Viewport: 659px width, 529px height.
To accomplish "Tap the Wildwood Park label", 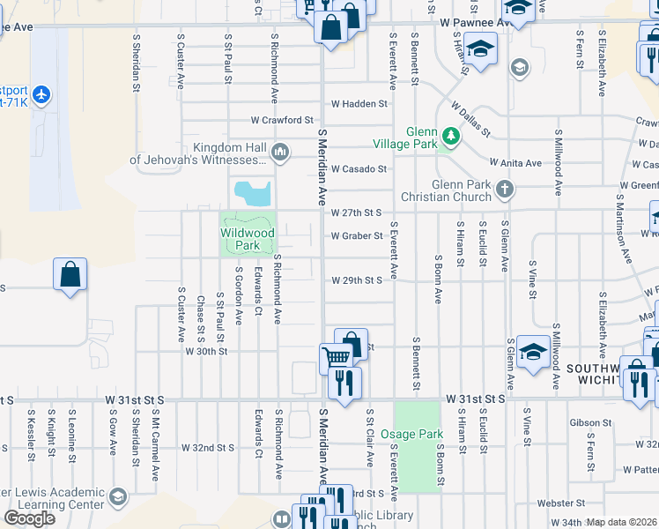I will tap(248, 240).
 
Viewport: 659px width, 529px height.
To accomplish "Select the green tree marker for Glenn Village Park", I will tap(450, 136).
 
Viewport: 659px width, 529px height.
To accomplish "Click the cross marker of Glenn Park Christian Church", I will tap(504, 187).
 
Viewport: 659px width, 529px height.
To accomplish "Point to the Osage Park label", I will tap(412, 435).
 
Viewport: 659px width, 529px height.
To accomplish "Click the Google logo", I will tap(29, 518).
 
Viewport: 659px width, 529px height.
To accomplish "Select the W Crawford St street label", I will tap(282, 120).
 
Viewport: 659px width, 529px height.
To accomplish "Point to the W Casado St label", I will tap(359, 168).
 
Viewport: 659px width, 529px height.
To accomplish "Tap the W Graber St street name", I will tap(357, 235).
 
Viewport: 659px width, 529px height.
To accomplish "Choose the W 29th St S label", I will tap(357, 280).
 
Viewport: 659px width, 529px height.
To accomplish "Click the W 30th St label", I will tap(206, 351).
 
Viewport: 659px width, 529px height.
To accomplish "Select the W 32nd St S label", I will tap(208, 448).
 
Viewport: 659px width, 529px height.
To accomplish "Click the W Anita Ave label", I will tap(515, 163).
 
